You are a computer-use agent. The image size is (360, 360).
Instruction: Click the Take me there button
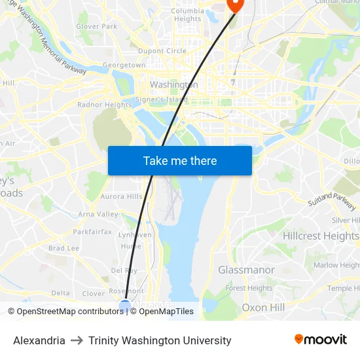coord(179,160)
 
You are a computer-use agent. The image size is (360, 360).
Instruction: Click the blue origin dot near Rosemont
coord(125,305)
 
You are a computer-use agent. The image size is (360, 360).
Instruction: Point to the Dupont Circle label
coord(162,51)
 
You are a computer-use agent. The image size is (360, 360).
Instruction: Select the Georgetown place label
coord(124,65)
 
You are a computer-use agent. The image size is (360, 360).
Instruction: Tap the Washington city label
coord(173,84)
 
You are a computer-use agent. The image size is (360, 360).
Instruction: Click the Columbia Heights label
coord(187,14)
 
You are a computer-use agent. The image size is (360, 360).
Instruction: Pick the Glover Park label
coord(96,27)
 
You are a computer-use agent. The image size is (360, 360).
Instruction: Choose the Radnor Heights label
coord(104,105)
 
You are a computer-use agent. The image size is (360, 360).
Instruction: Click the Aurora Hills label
coord(121,196)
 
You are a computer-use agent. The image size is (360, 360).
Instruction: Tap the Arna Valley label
coord(98,214)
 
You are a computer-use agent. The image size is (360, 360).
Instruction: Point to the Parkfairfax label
coord(92,232)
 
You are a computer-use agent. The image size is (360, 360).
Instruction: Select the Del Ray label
coord(124,270)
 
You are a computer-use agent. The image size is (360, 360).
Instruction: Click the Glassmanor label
coord(246,270)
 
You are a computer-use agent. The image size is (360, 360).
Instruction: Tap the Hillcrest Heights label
coord(321,236)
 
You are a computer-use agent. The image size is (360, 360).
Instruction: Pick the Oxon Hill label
coord(263,307)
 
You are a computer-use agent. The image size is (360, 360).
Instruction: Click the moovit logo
coord(320,340)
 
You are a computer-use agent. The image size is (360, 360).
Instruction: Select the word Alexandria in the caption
coord(39,340)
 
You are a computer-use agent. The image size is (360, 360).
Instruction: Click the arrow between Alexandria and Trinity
coord(77,340)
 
